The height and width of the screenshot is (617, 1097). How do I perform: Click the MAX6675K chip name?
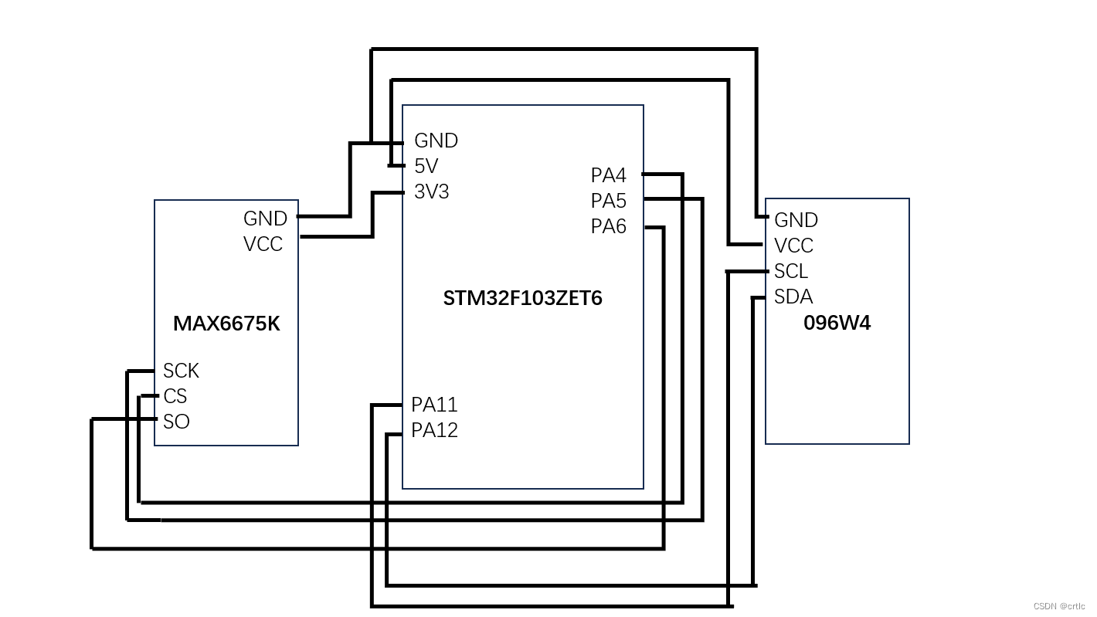[x=226, y=324]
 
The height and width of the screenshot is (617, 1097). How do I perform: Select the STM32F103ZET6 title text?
[x=522, y=298]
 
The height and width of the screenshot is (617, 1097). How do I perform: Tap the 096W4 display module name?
[x=837, y=323]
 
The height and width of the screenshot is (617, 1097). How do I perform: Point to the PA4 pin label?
[x=608, y=175]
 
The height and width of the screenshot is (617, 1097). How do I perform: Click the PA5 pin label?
[x=608, y=201]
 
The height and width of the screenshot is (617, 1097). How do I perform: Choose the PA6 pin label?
[x=608, y=226]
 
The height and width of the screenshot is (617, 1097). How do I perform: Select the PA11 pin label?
[x=434, y=405]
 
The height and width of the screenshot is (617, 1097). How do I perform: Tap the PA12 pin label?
[x=434, y=430]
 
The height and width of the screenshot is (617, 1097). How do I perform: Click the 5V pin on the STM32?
[x=426, y=166]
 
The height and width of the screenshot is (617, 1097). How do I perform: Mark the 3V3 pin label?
[x=431, y=192]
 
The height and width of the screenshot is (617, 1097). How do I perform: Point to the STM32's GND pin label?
[x=436, y=141]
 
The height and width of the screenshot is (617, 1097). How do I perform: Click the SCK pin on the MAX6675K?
[x=181, y=371]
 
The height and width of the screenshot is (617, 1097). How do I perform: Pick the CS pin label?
[x=175, y=396]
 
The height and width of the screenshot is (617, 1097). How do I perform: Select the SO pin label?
[x=176, y=422]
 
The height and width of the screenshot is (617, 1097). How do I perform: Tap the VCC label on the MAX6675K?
[x=263, y=244]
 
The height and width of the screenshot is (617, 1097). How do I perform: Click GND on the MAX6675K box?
[x=265, y=219]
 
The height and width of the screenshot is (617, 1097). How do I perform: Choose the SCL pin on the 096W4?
[x=790, y=271]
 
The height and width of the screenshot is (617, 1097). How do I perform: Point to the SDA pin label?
[x=793, y=297]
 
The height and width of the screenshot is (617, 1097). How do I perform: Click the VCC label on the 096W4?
[x=793, y=246]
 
